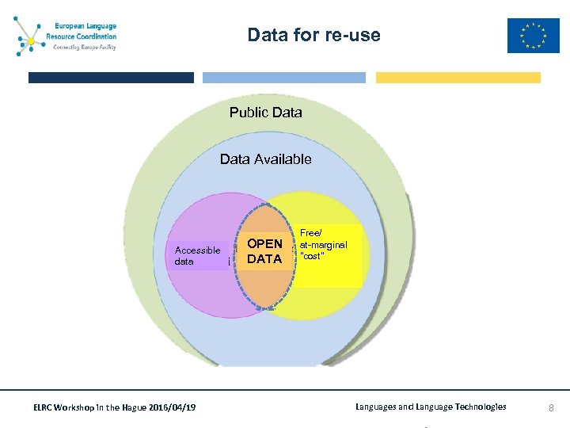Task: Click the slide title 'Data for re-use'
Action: (313, 35)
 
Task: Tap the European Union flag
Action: (533, 36)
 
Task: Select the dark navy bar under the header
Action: (111, 78)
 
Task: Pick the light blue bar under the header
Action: (284, 78)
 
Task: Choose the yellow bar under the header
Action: (458, 78)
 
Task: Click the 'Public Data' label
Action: (265, 113)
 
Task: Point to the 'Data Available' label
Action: (265, 159)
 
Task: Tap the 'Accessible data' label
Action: (197, 255)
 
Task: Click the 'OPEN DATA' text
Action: (264, 251)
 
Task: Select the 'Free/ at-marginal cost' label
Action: (323, 244)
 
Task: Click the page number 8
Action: (552, 407)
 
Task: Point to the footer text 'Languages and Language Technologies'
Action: (431, 407)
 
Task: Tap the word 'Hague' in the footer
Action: (129, 407)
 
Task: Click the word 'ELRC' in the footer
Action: (44, 407)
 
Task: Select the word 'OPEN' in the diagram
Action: (264, 243)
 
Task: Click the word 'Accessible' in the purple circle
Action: (197, 250)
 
